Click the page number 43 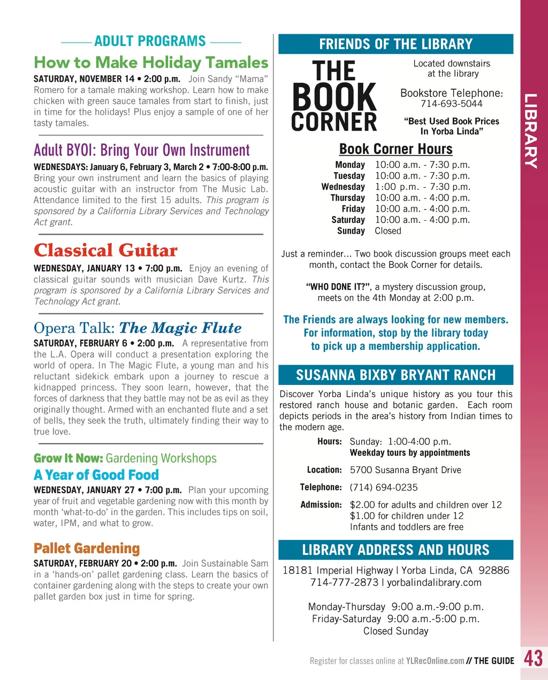[x=533, y=658]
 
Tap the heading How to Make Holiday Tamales [x=151, y=63]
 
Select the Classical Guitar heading [x=105, y=250]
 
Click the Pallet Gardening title [x=87, y=548]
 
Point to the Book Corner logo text [x=334, y=97]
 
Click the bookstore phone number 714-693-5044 [x=451, y=104]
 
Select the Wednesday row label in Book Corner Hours [x=343, y=187]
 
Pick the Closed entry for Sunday [x=388, y=231]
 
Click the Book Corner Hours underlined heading [x=395, y=149]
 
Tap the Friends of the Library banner [x=395, y=44]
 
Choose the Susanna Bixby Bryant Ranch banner [x=395, y=375]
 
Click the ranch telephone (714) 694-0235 [x=384, y=487]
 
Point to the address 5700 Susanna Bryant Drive [x=405, y=470]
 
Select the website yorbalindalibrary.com [x=434, y=582]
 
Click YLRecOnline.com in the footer [x=435, y=661]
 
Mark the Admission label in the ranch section [x=321, y=505]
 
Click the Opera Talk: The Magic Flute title [x=138, y=328]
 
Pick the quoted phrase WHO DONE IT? [x=338, y=287]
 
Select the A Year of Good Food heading [x=96, y=475]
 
